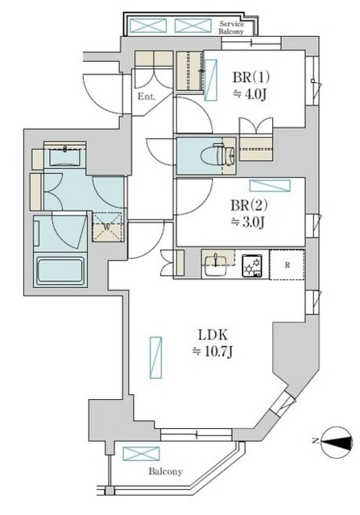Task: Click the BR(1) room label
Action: click(x=251, y=78)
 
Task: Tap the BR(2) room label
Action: click(x=249, y=206)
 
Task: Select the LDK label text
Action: click(x=213, y=336)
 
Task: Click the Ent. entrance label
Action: click(x=147, y=97)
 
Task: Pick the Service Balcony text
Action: click(x=232, y=27)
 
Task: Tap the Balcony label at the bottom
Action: click(x=165, y=472)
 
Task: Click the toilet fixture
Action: click(x=223, y=152)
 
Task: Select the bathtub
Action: click(x=60, y=270)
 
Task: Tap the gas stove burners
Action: click(x=252, y=266)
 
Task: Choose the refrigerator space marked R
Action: click(x=288, y=265)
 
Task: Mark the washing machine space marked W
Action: click(x=107, y=227)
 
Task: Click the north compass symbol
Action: click(x=337, y=442)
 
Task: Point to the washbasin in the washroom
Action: click(x=64, y=155)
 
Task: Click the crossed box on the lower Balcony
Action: click(x=142, y=454)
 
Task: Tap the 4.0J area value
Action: click(x=249, y=95)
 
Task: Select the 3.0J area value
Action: click(x=247, y=222)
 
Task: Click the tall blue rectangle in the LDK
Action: click(x=155, y=357)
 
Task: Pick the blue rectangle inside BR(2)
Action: click(x=270, y=186)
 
